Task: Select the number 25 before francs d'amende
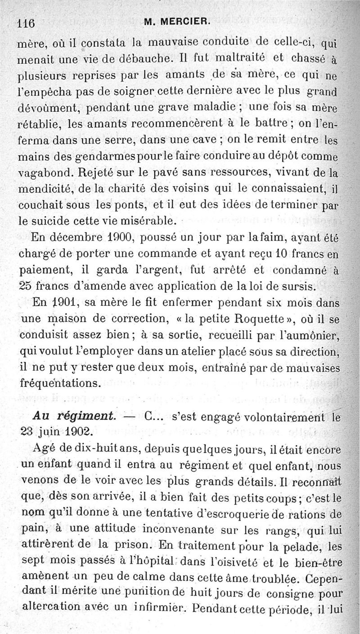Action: (27, 286)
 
